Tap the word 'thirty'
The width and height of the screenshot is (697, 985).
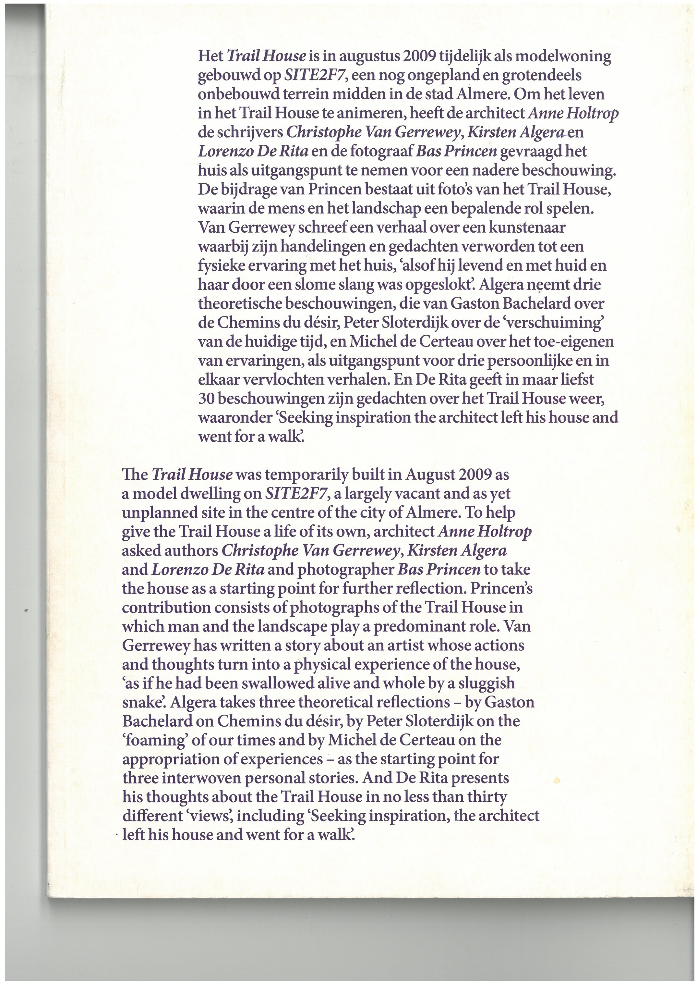(x=487, y=797)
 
